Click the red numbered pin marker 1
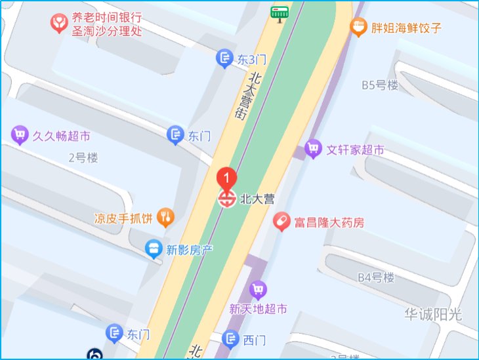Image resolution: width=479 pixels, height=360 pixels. click(x=226, y=177)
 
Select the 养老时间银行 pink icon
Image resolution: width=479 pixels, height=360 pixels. click(x=60, y=24)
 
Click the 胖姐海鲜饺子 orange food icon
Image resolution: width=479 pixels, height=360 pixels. click(x=358, y=28)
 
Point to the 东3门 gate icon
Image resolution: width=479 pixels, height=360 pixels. click(x=224, y=59)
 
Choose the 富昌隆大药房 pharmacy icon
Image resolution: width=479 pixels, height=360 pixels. click(x=281, y=222)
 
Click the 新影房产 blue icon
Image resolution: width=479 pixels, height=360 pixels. click(x=154, y=249)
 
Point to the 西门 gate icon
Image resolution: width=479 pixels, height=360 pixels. click(x=230, y=340)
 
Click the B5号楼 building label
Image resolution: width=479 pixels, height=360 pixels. click(x=380, y=85)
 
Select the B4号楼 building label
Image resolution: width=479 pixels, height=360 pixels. click(x=376, y=277)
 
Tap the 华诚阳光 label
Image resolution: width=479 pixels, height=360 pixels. click(x=433, y=314)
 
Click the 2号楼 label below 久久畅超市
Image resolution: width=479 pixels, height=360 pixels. click(x=83, y=157)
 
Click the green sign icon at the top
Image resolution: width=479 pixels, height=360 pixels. click(x=280, y=12)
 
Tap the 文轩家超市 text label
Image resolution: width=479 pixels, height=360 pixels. click(x=355, y=150)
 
